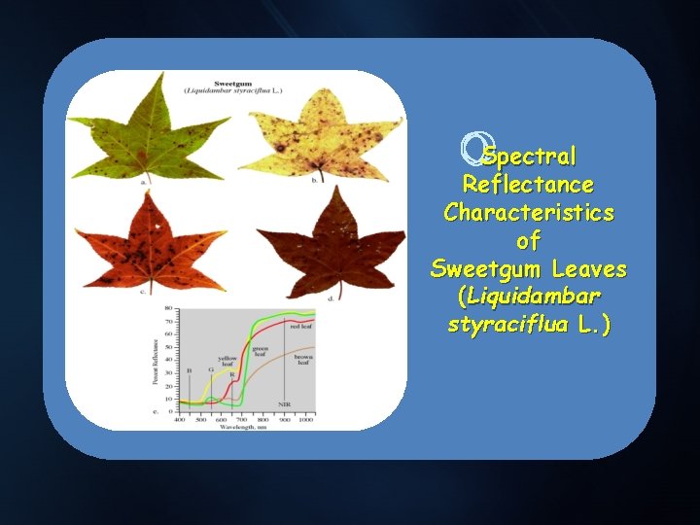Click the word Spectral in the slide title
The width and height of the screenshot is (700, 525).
point(530,156)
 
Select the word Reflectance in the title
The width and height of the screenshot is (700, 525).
point(528,184)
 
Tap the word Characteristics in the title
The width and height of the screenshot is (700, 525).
point(528,212)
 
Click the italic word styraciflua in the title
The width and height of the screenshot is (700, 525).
point(509,324)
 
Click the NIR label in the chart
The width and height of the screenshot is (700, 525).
point(284,403)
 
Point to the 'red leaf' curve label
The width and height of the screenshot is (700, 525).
point(301,327)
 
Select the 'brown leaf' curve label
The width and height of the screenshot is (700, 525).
point(302,360)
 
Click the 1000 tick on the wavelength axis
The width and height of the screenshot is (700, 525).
point(306,419)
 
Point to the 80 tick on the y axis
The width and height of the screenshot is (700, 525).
point(168,308)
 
